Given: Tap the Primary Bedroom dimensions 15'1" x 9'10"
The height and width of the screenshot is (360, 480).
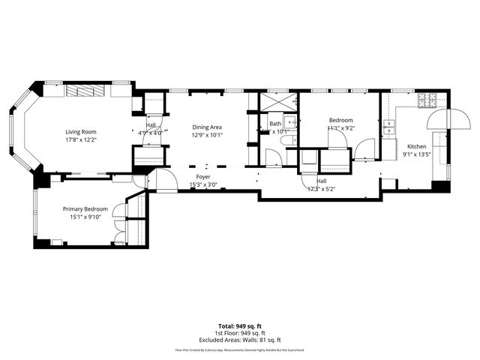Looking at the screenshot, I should (85, 218).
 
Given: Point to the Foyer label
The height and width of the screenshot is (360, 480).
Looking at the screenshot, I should (204, 177).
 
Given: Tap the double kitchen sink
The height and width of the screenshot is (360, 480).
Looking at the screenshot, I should (389, 128).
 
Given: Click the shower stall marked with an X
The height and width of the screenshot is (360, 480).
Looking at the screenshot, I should (277, 102).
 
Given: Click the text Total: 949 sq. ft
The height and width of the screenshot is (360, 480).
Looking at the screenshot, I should (239, 326).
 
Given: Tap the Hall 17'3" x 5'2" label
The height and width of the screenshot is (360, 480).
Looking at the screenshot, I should (321, 184).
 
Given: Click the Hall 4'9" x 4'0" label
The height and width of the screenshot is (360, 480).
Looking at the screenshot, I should (151, 129).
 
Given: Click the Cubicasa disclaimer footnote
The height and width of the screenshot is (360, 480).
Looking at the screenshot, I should (239, 349).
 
